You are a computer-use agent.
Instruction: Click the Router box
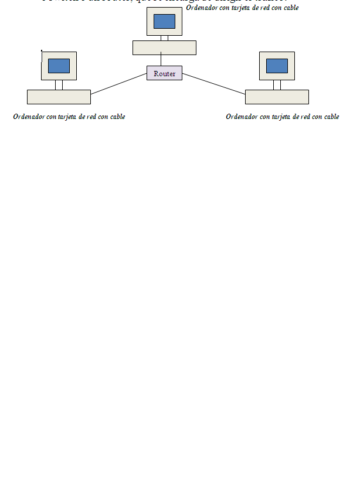(164, 73)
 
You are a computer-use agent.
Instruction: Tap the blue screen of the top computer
(164, 21)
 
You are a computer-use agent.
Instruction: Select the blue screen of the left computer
(59, 66)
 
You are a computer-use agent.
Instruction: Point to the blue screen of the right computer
(277, 66)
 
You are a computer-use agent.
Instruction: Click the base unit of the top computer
(164, 47)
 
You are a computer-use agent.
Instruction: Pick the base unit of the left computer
(59, 97)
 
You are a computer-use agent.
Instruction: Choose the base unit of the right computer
(277, 97)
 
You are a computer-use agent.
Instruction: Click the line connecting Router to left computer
(118, 83)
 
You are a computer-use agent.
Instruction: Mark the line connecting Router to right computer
(213, 83)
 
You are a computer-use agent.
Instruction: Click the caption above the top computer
(242, 8)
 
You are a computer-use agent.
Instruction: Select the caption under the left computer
(69, 117)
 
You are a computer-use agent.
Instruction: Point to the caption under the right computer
(282, 117)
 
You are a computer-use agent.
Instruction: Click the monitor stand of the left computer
(59, 85)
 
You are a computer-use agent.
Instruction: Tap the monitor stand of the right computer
(277, 85)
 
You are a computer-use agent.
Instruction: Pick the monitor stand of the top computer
(164, 38)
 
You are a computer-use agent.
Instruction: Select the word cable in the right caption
(330, 117)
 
